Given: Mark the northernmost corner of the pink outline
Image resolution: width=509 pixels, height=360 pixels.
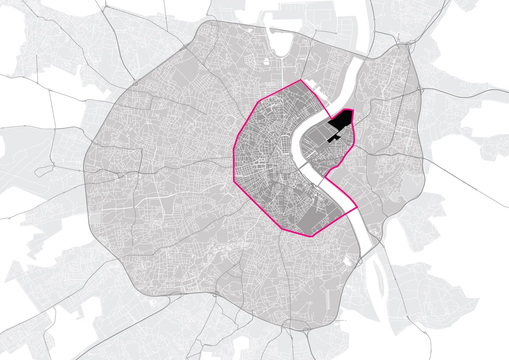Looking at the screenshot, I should tap(301, 80).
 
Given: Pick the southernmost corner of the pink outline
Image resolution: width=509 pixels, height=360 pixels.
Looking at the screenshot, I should tap(311, 236).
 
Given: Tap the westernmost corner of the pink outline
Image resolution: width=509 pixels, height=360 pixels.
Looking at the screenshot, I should tap(234, 181).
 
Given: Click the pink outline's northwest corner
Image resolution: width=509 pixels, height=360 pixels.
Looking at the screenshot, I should tap(261, 101).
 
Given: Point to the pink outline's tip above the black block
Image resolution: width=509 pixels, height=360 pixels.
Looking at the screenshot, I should tap(352, 110).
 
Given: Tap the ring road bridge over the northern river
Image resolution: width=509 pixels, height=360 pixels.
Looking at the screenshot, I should tap(368, 57).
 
